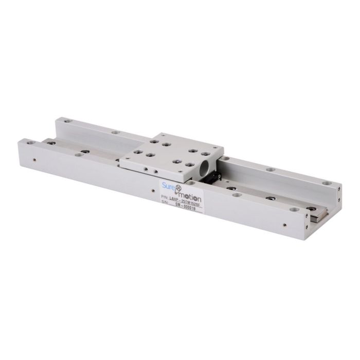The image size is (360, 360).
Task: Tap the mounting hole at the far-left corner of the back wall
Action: (60, 120)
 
